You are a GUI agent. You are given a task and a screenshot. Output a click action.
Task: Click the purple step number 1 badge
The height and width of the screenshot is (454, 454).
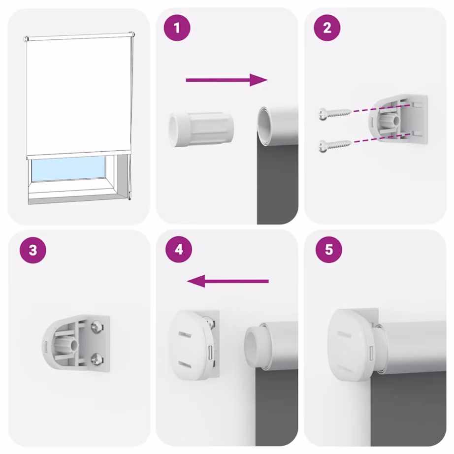pyautogui.click(x=177, y=29)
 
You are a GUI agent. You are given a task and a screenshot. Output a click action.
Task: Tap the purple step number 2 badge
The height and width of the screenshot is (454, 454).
pyautogui.click(x=327, y=29)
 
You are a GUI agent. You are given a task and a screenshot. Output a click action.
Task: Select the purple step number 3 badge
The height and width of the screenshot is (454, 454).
pyautogui.click(x=32, y=251)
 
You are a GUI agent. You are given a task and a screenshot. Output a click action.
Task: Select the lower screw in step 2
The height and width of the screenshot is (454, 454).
pyautogui.click(x=334, y=144)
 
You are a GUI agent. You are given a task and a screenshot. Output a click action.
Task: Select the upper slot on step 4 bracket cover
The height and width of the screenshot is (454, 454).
pyautogui.click(x=185, y=335)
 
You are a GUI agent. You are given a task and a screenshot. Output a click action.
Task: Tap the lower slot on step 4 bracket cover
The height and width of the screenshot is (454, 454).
pyautogui.click(x=185, y=364)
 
